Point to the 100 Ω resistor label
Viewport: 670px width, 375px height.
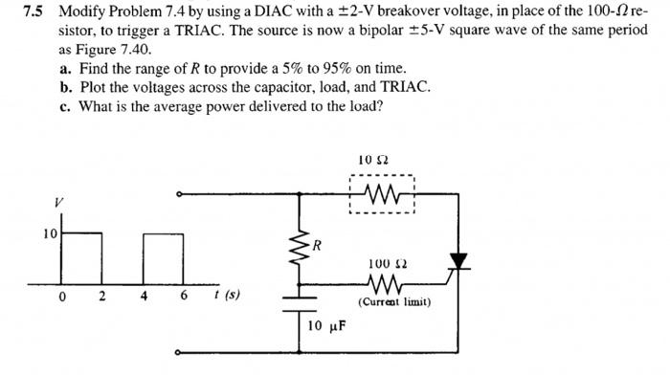click(383, 262)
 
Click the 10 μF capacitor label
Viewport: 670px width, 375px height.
click(325, 325)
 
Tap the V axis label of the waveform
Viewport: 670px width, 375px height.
click(58, 202)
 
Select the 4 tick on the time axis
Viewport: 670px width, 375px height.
click(143, 295)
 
